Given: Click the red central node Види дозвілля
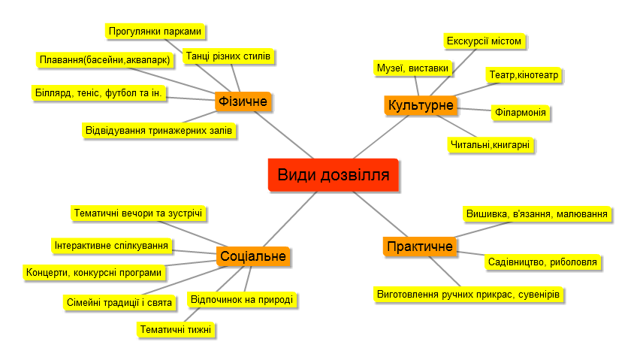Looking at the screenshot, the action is pos(334,175).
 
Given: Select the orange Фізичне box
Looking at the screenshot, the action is pos(243,101).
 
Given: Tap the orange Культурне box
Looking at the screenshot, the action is pos(421,105).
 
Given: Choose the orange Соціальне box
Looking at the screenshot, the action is pos(253,256).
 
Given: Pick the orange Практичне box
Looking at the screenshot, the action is pos(420,247).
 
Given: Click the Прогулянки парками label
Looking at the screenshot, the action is pos(155,32).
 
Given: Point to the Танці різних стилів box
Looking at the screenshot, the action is pos(228,56).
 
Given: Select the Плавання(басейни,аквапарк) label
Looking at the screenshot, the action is pos(104,60).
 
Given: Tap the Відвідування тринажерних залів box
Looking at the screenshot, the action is pos(159,131).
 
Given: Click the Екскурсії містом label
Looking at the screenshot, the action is pos(484,41).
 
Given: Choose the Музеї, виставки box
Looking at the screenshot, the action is pos(412,68).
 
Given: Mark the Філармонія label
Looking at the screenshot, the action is pos(521,113).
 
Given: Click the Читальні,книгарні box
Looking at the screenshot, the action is pos(490,145).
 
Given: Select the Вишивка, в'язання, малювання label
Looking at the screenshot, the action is pos(537,214).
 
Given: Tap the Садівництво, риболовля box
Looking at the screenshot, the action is pos(542,262).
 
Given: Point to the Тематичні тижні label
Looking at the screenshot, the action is pos(176,330).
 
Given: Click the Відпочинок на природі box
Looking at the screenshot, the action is pos(242,300).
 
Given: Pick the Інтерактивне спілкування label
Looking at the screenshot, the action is pos(112,246).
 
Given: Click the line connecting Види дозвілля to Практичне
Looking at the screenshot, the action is pos(381,214).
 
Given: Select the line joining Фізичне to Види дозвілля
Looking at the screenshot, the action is pos(284,135).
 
